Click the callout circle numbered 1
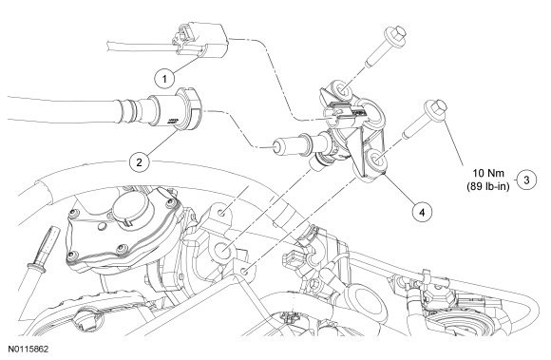[x=164, y=79]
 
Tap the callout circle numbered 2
[x=140, y=161]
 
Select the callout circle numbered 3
[x=526, y=180]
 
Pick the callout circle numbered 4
[x=422, y=212]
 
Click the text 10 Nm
[x=488, y=173]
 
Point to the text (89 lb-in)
[x=488, y=186]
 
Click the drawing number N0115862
[x=28, y=350]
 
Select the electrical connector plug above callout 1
[x=199, y=39]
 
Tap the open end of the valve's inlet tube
[x=277, y=146]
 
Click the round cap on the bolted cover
[x=132, y=208]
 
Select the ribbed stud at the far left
[x=43, y=248]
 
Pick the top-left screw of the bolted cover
[x=73, y=213]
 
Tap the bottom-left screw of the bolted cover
[x=71, y=255]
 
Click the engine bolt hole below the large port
[x=245, y=271]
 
